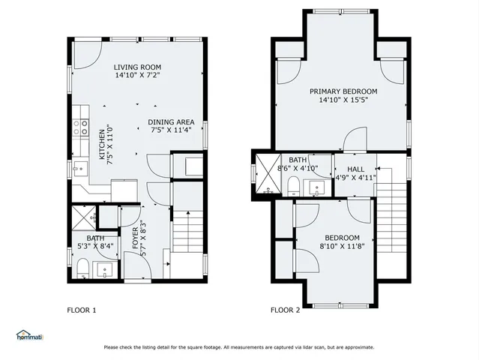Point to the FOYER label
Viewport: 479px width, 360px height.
coord(135,239)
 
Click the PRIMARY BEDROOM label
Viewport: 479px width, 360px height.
coord(343,91)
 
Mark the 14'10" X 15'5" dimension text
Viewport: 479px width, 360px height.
coord(343,100)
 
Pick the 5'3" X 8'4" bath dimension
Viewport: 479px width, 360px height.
coord(95,244)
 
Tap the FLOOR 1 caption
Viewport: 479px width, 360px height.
coord(82,309)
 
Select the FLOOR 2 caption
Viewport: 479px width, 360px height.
coord(285,309)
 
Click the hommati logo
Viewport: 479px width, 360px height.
coord(29,335)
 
